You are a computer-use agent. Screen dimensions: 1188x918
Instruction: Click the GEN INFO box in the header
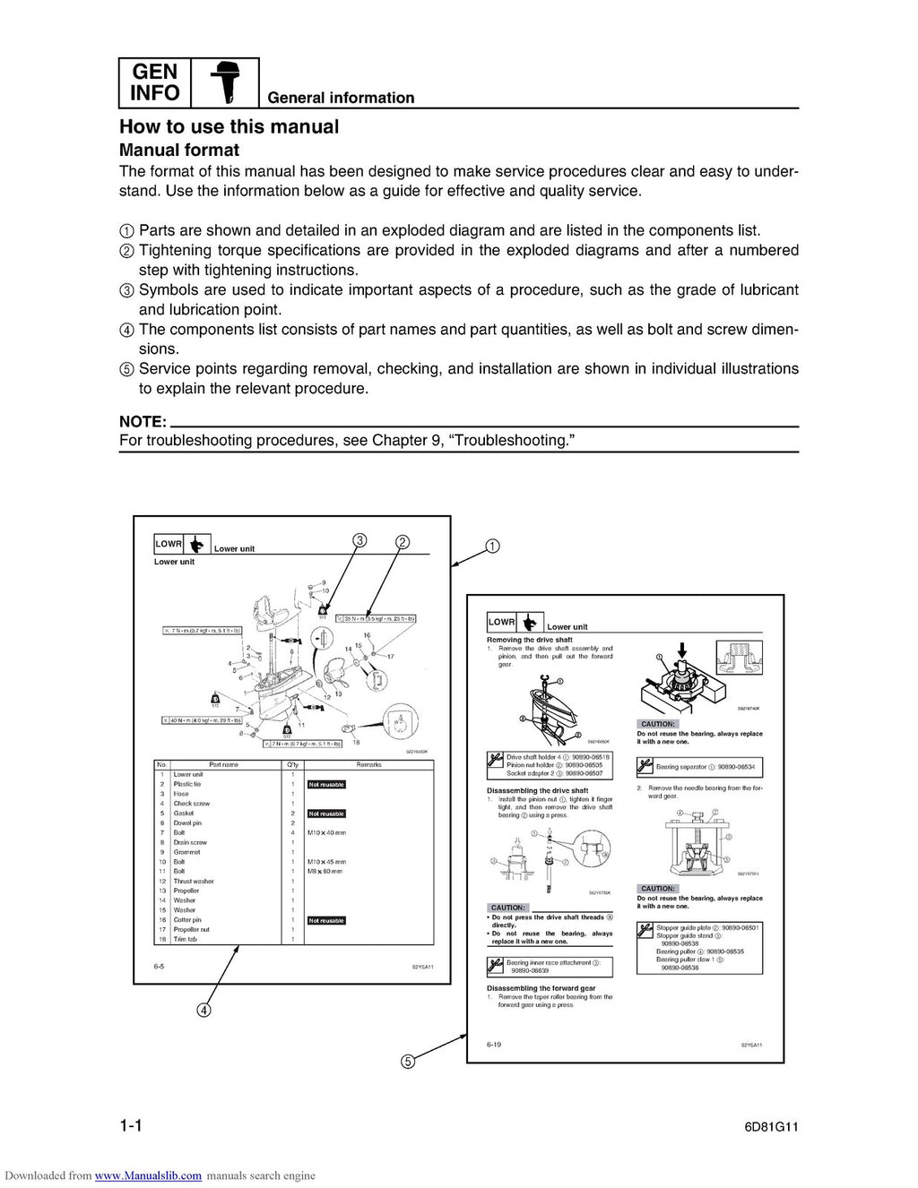click(154, 82)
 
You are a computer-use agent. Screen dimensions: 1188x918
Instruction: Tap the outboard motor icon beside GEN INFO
click(224, 83)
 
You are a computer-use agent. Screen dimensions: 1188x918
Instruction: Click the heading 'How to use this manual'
click(229, 126)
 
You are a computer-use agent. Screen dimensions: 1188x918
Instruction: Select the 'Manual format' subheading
click(179, 151)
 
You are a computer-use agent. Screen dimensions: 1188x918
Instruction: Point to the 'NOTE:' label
click(143, 422)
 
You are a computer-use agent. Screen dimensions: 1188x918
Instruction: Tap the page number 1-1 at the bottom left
click(131, 1126)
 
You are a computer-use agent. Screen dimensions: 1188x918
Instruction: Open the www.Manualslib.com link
click(148, 1175)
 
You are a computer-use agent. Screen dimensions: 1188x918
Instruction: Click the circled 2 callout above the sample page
click(403, 542)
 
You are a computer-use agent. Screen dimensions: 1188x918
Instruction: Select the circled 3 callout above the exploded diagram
click(359, 540)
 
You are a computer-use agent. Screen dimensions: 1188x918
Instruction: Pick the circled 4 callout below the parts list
click(204, 1010)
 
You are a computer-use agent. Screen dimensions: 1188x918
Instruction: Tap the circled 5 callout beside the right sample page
click(407, 1062)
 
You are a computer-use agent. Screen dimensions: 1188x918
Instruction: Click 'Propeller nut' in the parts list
click(191, 930)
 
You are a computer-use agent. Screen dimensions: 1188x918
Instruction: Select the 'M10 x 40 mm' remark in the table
click(326, 833)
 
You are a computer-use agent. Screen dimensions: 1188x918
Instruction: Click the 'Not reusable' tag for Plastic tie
click(326, 785)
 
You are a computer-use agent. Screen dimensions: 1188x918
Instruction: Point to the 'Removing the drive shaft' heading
click(529, 640)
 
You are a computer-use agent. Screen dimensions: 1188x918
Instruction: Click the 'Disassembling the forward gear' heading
click(541, 988)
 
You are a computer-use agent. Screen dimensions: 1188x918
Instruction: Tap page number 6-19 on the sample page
click(494, 1045)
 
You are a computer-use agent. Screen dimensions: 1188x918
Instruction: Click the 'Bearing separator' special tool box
click(699, 767)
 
